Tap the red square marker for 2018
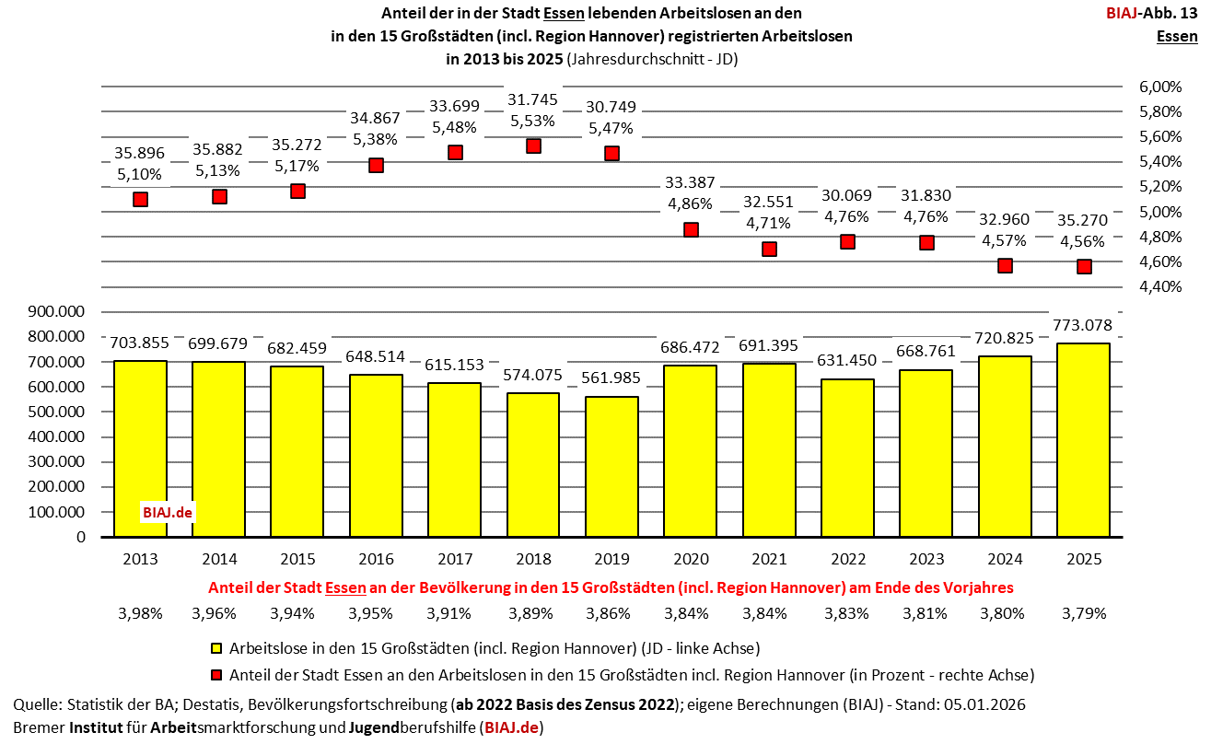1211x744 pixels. tap(533, 145)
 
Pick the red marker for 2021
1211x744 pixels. tap(770, 249)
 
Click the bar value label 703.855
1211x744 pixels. tap(139, 343)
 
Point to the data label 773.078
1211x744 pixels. tap(1083, 325)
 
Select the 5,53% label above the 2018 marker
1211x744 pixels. tap(533, 121)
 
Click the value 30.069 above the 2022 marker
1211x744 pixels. tap(849, 194)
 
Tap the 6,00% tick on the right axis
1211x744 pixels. tap(1160, 87)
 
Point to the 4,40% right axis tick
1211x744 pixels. tap(1160, 286)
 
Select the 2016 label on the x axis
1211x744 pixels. tap(376, 559)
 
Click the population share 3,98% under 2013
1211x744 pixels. tap(139, 613)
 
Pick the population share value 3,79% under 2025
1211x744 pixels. tap(1083, 613)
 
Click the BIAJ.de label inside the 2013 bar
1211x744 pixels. tap(168, 512)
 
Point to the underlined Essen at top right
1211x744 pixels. tap(1177, 37)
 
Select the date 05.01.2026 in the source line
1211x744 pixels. tap(986, 704)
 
